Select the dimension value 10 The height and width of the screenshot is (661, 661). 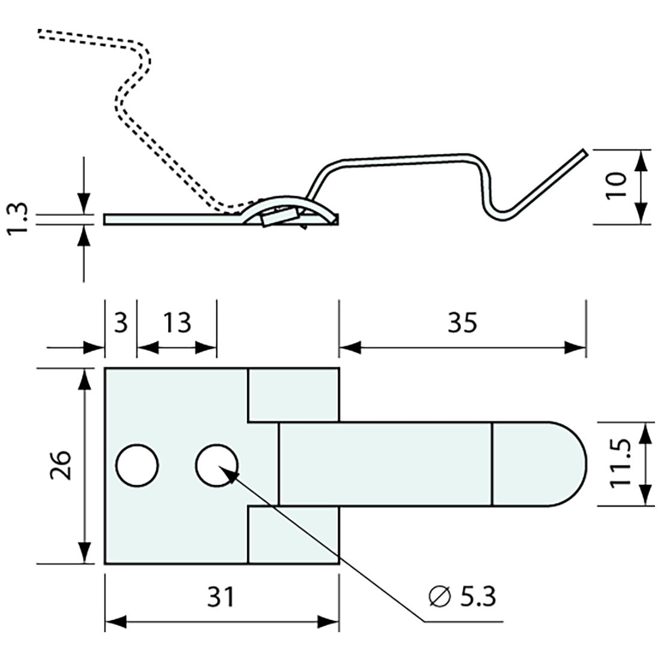[x=617, y=186]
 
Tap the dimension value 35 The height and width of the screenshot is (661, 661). [x=461, y=323]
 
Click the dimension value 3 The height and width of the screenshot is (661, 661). [x=121, y=323]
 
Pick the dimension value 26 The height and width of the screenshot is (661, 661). [x=62, y=466]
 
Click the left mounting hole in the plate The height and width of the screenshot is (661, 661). [x=137, y=466]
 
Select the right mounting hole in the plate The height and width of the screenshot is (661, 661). [x=217, y=466]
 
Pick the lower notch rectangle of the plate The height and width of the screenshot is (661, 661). [x=293, y=535]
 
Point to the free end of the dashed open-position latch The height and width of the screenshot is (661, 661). [x=41, y=34]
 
